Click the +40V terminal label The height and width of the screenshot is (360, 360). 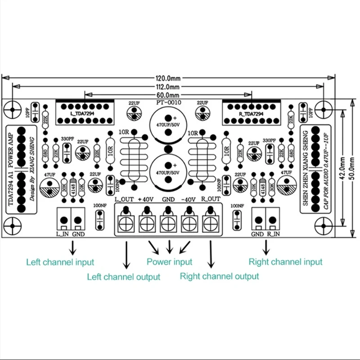[146, 199]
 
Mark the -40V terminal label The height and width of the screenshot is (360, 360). [189, 199]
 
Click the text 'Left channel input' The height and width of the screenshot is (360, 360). [60, 262]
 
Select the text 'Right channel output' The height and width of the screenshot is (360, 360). [219, 276]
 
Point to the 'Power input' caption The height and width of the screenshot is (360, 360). [169, 261]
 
